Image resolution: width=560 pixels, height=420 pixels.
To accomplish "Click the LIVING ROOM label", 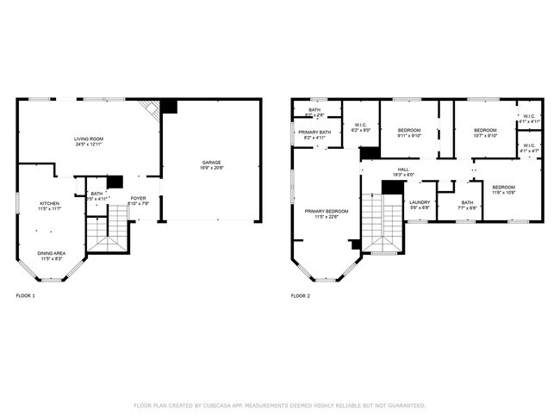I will tap(90, 138).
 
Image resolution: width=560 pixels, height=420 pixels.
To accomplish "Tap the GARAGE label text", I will tap(211, 162).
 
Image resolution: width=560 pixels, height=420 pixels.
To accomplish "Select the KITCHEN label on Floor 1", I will tap(48, 203).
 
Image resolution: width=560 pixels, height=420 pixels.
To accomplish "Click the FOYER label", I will tap(138, 199).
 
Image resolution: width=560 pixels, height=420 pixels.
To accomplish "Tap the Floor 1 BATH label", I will tap(96, 194).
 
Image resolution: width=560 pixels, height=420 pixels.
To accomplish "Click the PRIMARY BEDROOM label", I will tap(326, 211).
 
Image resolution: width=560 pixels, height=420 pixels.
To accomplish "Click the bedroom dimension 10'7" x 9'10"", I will tap(484, 136).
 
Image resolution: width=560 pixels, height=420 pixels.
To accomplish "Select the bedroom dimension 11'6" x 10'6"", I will tap(503, 193).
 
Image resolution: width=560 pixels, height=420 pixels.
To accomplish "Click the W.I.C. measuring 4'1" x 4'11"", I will tap(528, 121).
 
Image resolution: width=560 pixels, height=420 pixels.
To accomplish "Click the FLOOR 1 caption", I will tap(26, 295).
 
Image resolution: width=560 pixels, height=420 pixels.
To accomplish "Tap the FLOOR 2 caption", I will tap(300, 295).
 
